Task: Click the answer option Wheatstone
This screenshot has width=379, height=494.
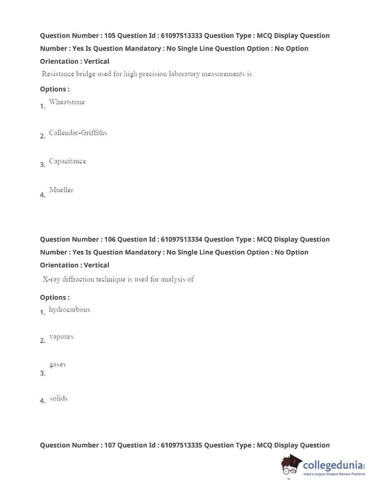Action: [x=67, y=102]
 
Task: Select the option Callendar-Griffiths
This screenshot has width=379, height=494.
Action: [x=78, y=133]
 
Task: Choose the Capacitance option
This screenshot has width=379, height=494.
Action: [x=67, y=161]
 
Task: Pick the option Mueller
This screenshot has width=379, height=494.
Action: [x=61, y=190]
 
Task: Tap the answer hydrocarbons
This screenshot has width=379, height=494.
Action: [x=69, y=310]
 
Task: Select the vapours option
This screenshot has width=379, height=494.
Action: [x=61, y=337]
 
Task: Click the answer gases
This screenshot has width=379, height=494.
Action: [x=58, y=364]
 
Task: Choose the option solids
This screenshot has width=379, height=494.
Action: [x=58, y=398]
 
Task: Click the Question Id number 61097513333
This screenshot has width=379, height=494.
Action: [x=181, y=35]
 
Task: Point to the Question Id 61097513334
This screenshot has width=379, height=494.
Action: [x=181, y=239]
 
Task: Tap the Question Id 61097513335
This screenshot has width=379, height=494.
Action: [x=181, y=445]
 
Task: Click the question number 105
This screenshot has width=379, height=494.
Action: [x=110, y=35]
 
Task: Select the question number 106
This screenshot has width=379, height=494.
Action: [x=110, y=239]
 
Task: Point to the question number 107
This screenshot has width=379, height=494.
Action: [x=110, y=445]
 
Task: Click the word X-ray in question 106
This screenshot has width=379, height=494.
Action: [x=52, y=279]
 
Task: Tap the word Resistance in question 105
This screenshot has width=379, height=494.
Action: [x=58, y=74]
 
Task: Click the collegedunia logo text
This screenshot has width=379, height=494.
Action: [x=333, y=465]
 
